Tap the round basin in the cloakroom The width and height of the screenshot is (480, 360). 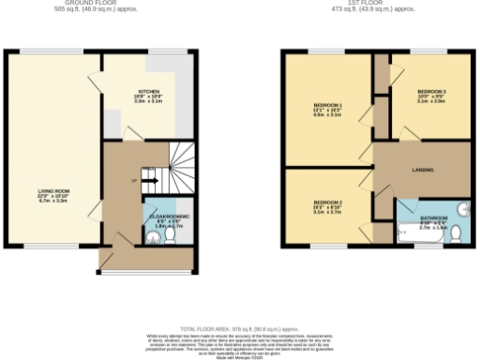pos(153,236)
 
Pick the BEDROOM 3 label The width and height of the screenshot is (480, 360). pos(431,91)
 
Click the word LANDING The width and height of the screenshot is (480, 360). pos(422,170)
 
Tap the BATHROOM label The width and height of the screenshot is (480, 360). pos(433,217)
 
